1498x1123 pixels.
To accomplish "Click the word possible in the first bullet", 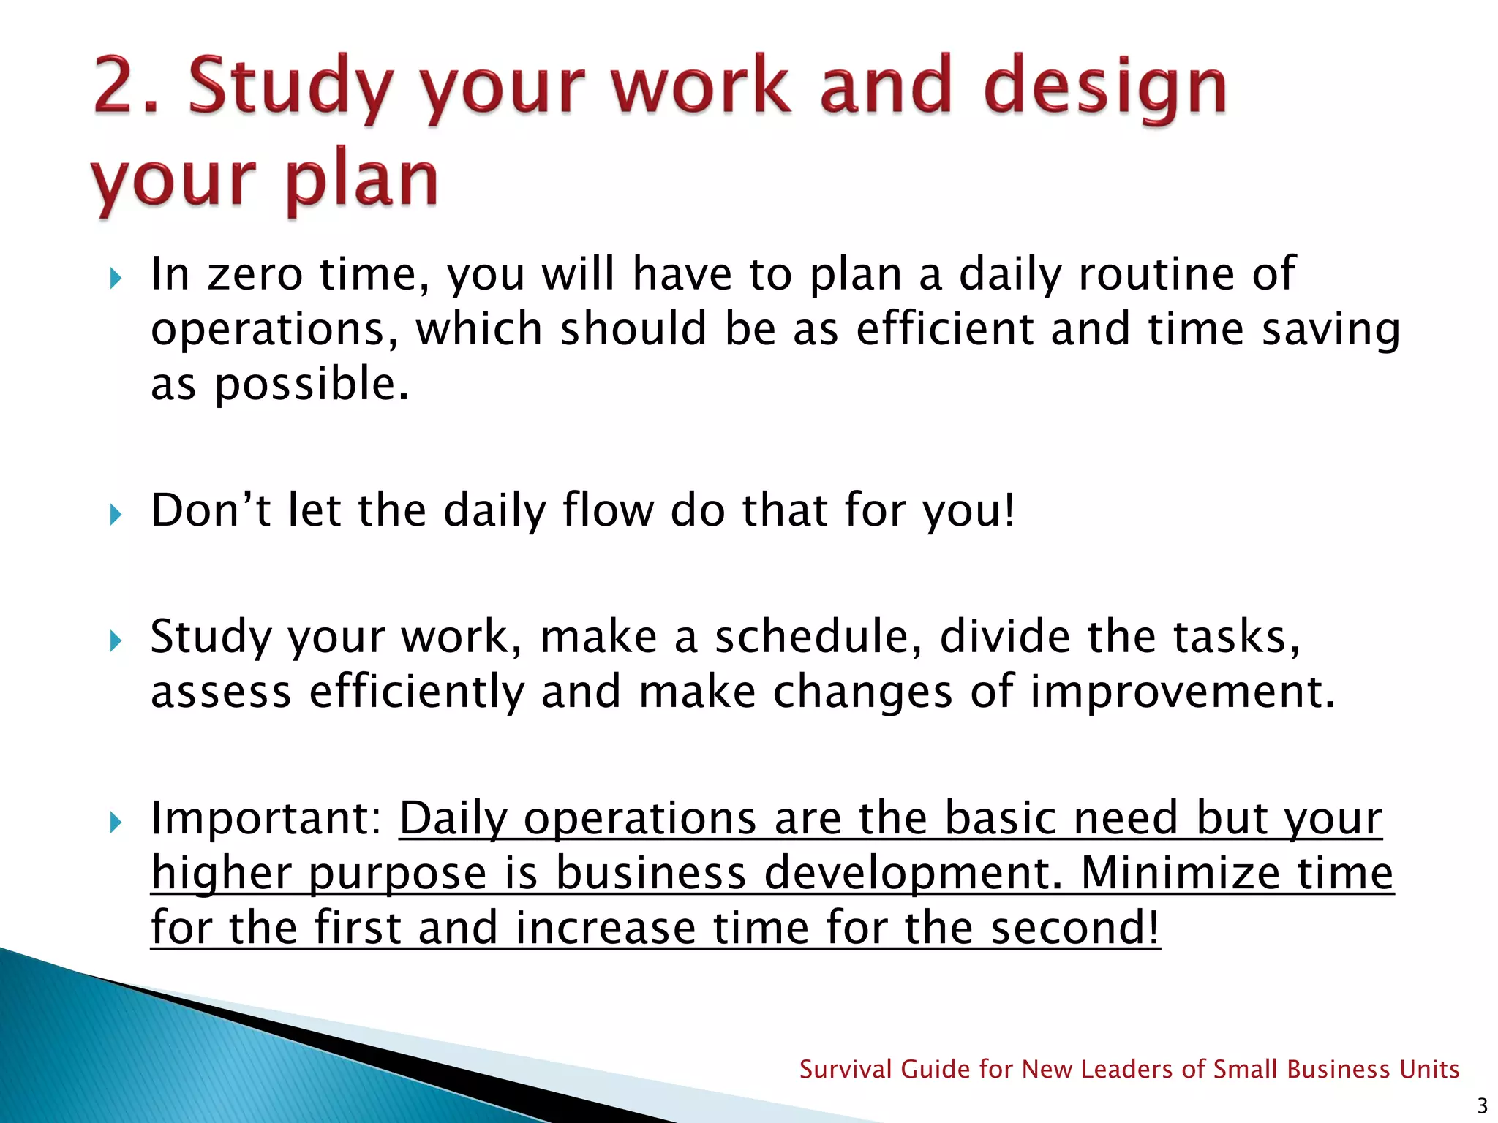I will click(311, 385).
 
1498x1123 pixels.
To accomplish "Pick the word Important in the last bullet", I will click(266, 818).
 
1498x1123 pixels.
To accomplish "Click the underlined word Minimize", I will click(1180, 873).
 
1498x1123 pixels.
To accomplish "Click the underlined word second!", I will click(1074, 928).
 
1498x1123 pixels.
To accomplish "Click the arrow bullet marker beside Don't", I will click(116, 515).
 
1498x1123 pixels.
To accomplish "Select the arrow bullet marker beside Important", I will click(116, 823).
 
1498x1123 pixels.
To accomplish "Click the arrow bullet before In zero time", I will click(116, 279).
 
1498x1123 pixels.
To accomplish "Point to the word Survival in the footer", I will click(845, 1070).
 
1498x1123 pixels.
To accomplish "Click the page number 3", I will click(1482, 1105).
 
